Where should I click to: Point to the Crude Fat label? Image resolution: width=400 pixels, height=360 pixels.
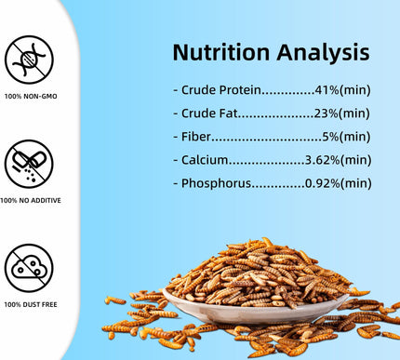tap(207, 113)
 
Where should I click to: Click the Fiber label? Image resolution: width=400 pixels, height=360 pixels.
tap(194, 137)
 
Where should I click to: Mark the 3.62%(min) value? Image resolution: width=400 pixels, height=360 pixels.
tap(339, 160)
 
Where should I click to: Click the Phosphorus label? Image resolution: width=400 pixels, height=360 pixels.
tap(215, 183)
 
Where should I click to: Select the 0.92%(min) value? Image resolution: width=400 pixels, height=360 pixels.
tap(339, 183)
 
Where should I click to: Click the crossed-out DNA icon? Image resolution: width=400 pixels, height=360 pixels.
tap(29, 60)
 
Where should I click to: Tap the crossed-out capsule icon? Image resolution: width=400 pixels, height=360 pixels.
tap(29, 164)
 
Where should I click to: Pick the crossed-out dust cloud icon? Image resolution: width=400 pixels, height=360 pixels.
tap(29, 268)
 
